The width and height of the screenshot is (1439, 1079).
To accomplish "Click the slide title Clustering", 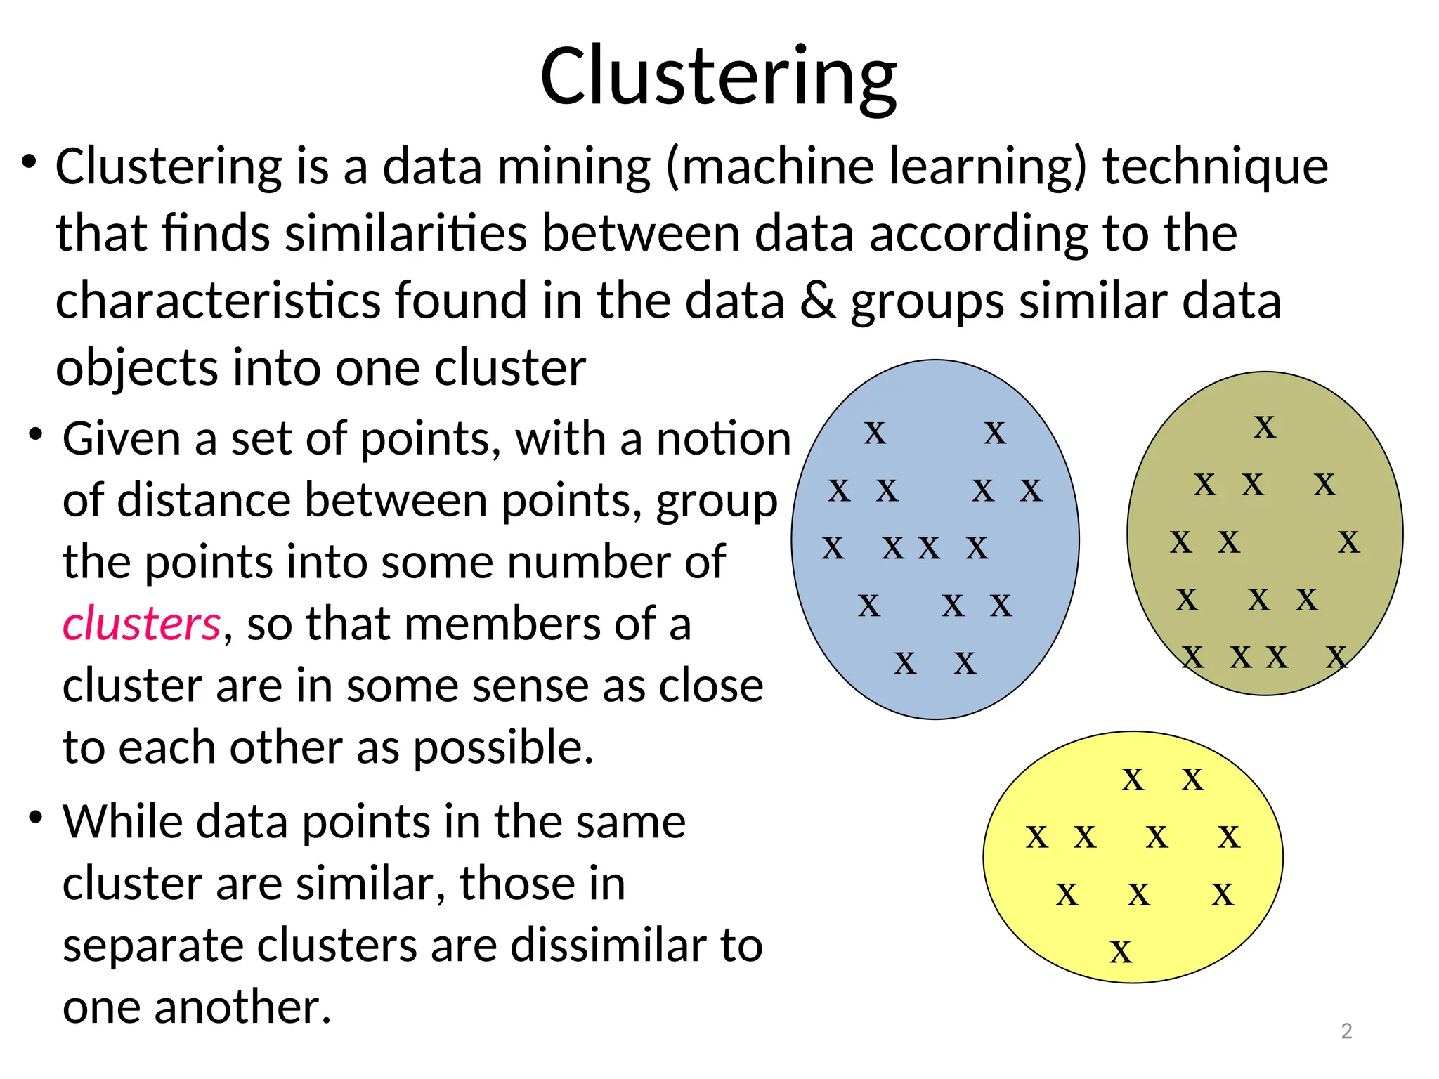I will click(x=718, y=75).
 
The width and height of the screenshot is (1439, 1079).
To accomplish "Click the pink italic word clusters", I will click(x=141, y=624).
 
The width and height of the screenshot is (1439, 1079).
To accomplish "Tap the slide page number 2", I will click(x=1346, y=1031).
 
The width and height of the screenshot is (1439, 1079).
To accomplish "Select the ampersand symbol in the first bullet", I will click(x=817, y=301).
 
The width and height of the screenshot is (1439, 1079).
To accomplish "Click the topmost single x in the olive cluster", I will click(x=1265, y=427).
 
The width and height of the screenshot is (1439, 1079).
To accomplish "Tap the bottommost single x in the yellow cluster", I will click(x=1121, y=953).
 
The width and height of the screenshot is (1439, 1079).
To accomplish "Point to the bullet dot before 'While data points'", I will click(x=36, y=817).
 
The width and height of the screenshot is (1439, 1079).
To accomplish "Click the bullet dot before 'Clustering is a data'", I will click(x=29, y=162).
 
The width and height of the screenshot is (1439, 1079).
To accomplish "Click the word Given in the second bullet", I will click(x=122, y=439).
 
